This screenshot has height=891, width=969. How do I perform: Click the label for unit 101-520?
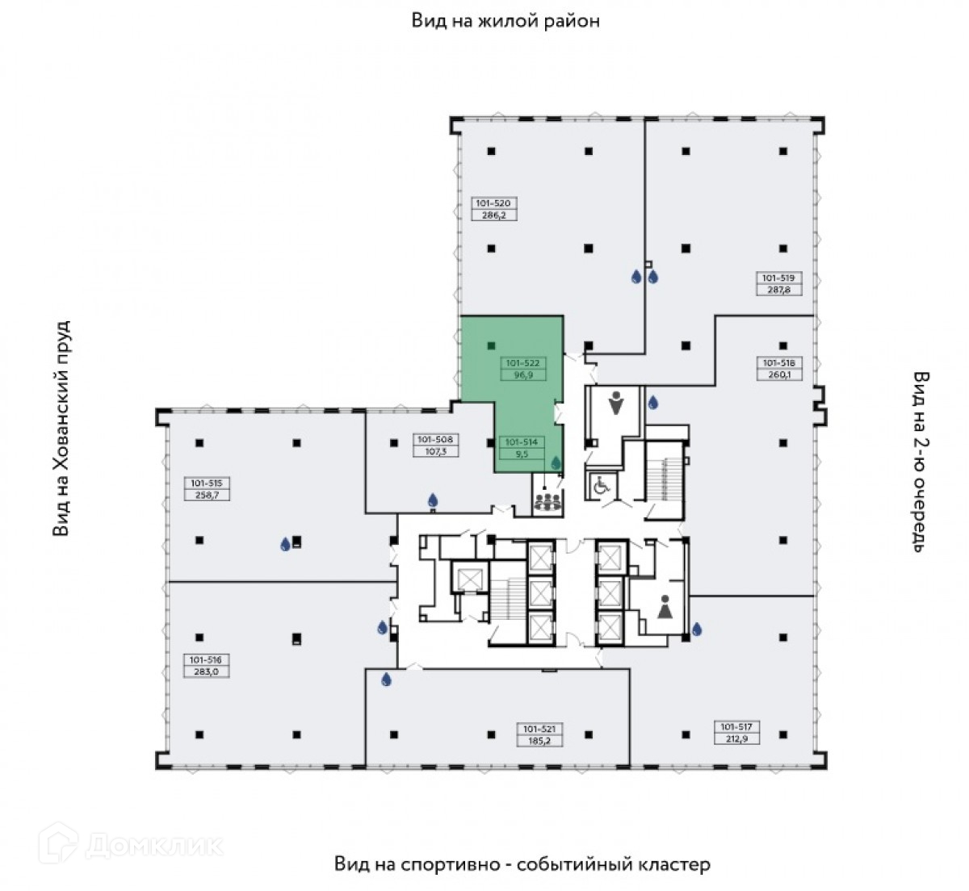pos(493,209)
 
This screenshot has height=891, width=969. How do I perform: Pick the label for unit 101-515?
pos(207,489)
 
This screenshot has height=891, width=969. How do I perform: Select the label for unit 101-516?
pos(207,664)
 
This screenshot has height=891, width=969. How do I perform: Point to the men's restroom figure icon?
pos(616,404)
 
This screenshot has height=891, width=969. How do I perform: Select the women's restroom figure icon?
pos(665,607)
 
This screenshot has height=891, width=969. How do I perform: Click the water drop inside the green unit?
pos(556,463)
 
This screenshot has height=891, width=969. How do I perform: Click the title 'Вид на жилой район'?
pos(505,20)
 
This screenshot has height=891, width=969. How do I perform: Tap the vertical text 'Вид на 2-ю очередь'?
pos(921,461)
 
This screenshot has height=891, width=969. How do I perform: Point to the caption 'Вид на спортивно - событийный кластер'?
pos(522,864)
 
